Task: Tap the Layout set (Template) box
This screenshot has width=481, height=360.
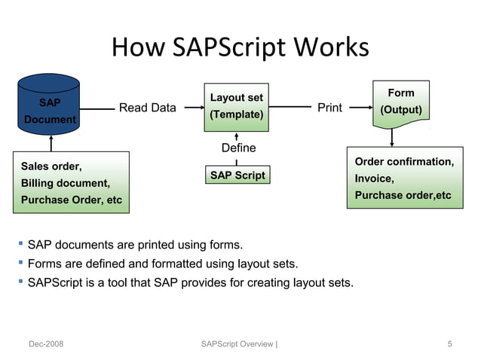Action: [236, 107]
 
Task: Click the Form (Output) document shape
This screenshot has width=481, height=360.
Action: [400, 102]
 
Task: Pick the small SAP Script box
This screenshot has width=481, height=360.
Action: [236, 175]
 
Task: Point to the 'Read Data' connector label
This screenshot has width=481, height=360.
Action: [147, 108]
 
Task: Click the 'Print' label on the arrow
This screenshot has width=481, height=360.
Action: [329, 108]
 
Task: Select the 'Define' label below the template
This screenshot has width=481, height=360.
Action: [238, 148]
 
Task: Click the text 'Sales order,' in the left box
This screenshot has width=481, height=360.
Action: [52, 166]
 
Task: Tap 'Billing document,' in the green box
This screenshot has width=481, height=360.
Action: [66, 183]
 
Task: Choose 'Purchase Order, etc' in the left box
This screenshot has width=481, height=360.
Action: [71, 200]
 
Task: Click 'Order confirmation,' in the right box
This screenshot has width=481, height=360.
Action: [404, 162]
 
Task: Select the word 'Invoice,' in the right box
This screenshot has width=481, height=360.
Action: [374, 178]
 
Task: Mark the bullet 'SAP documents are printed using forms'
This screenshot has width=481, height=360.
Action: [135, 246]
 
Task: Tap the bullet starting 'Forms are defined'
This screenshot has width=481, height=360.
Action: [162, 264]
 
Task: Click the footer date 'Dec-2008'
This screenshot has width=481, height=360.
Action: [46, 344]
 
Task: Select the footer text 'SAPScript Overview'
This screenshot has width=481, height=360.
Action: [237, 344]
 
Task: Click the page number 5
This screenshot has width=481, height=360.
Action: [449, 344]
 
